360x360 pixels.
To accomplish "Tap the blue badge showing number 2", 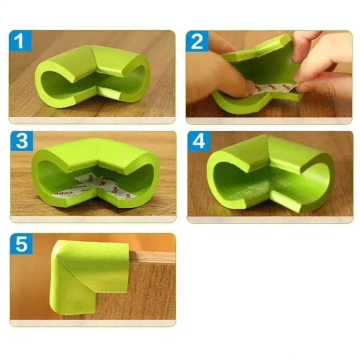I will tap(197, 41).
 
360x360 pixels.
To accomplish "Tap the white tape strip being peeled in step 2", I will tap(273, 87).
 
